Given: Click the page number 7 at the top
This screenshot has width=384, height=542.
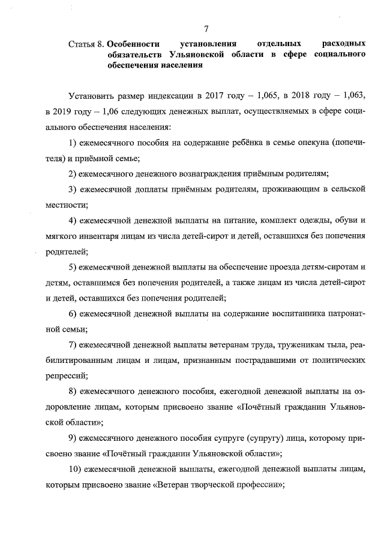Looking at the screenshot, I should coord(206,28).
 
